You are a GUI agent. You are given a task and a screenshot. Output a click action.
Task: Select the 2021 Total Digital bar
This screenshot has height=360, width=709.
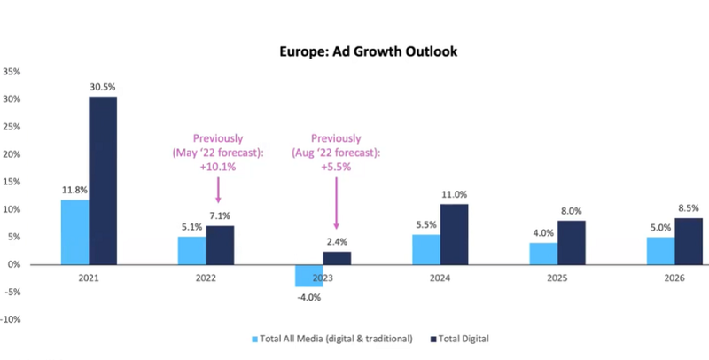[103, 180]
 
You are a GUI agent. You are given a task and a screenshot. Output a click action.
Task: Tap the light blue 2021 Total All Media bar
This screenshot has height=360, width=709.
[75, 231]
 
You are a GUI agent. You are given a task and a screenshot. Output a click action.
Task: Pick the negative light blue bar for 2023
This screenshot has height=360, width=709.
[309, 275]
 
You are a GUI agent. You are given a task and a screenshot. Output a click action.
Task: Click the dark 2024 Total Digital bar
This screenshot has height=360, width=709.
[455, 234]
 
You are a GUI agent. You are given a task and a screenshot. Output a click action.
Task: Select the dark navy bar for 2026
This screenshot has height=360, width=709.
[688, 241]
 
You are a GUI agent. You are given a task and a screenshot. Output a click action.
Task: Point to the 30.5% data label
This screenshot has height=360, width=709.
[103, 86]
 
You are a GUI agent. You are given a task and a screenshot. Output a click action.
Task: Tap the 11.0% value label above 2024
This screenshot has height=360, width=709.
[455, 194]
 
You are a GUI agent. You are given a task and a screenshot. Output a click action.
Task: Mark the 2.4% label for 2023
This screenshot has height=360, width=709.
[337, 242]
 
